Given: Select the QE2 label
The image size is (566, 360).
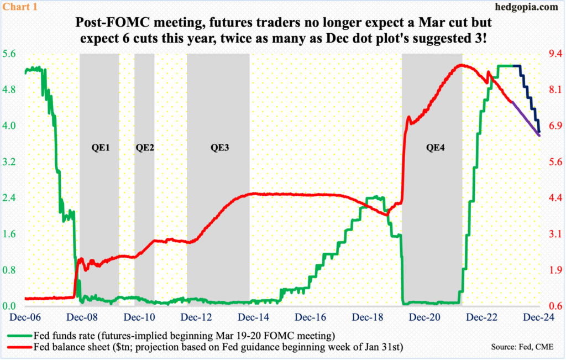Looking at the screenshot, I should click(x=144, y=148).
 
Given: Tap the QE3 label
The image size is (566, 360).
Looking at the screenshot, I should click(x=218, y=148).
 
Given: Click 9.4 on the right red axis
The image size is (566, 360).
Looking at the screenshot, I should click(x=554, y=54).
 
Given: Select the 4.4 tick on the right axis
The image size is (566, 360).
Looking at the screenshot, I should click(x=554, y=198).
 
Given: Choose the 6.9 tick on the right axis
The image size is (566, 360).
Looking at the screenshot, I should click(x=554, y=126).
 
